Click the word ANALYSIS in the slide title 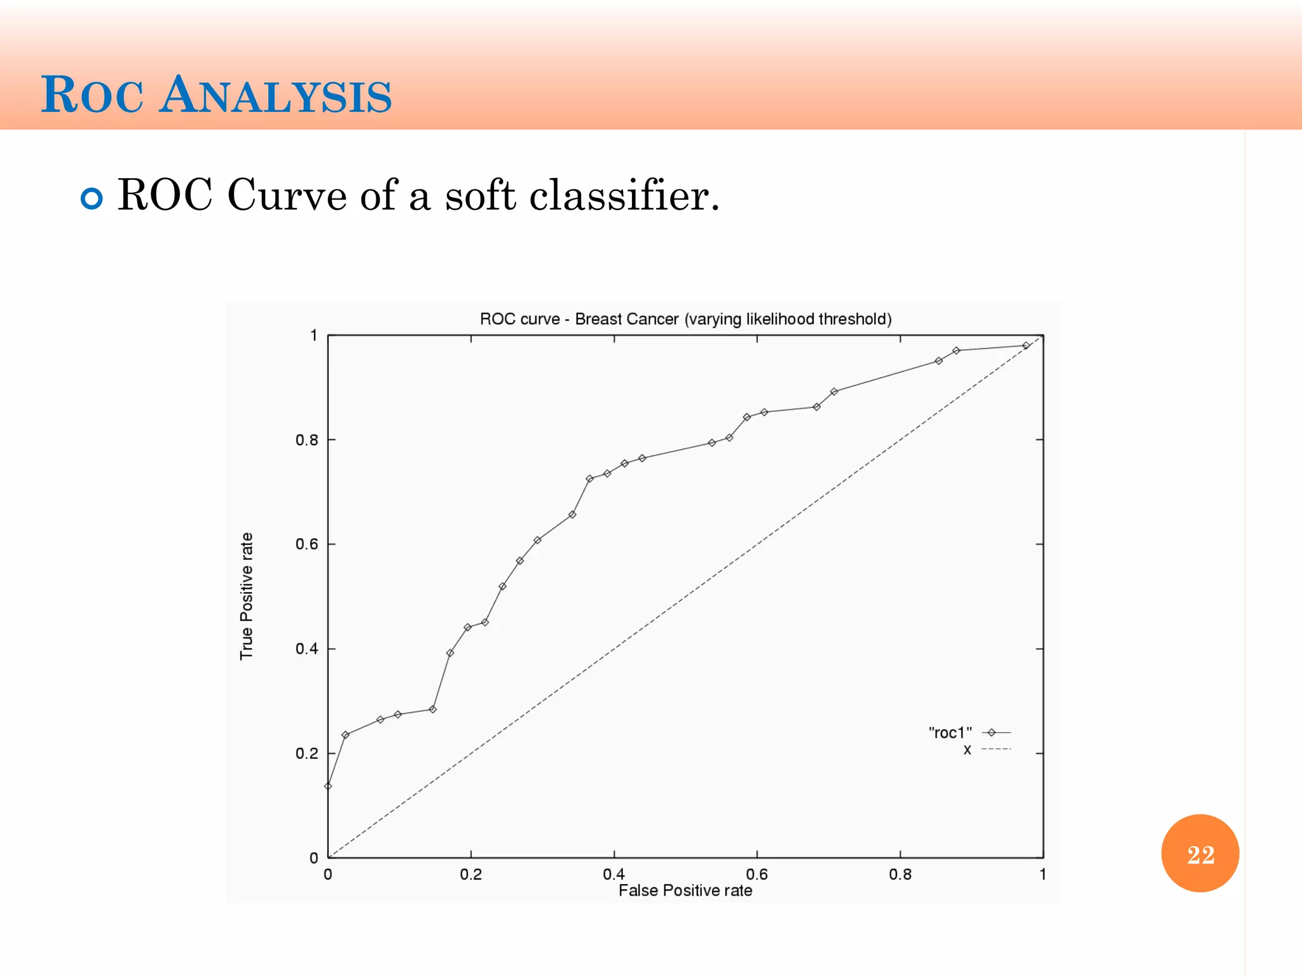click(275, 95)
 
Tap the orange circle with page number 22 click(1200, 853)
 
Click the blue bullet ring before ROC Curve click(92, 198)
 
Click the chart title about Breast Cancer click(685, 319)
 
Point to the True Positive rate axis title click(247, 596)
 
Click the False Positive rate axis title click(685, 890)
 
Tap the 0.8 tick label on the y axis click(306, 440)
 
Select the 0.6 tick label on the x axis click(757, 874)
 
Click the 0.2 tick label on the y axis click(306, 754)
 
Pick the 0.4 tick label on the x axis click(613, 874)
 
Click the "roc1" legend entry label click(950, 733)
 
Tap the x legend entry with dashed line click(967, 749)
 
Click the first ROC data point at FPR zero click(328, 786)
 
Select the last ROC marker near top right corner click(1025, 345)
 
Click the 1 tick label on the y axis click(313, 335)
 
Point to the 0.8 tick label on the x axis click(900, 874)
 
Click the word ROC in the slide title click(92, 95)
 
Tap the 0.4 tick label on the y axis click(306, 649)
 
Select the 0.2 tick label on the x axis click(470, 874)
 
